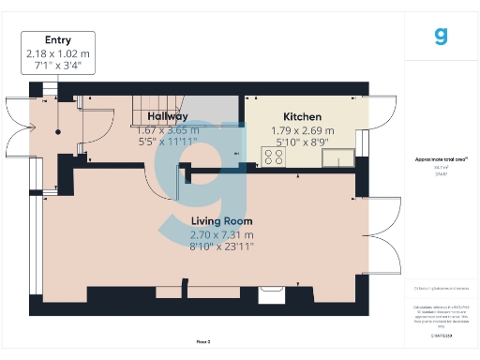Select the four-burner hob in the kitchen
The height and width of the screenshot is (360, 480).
tap(274, 157)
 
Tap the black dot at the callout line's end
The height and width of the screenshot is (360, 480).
tap(57, 132)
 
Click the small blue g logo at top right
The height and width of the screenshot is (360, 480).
tap(442, 36)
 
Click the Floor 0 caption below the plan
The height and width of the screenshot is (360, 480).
tap(202, 342)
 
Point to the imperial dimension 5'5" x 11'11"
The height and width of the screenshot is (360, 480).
tap(168, 142)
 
